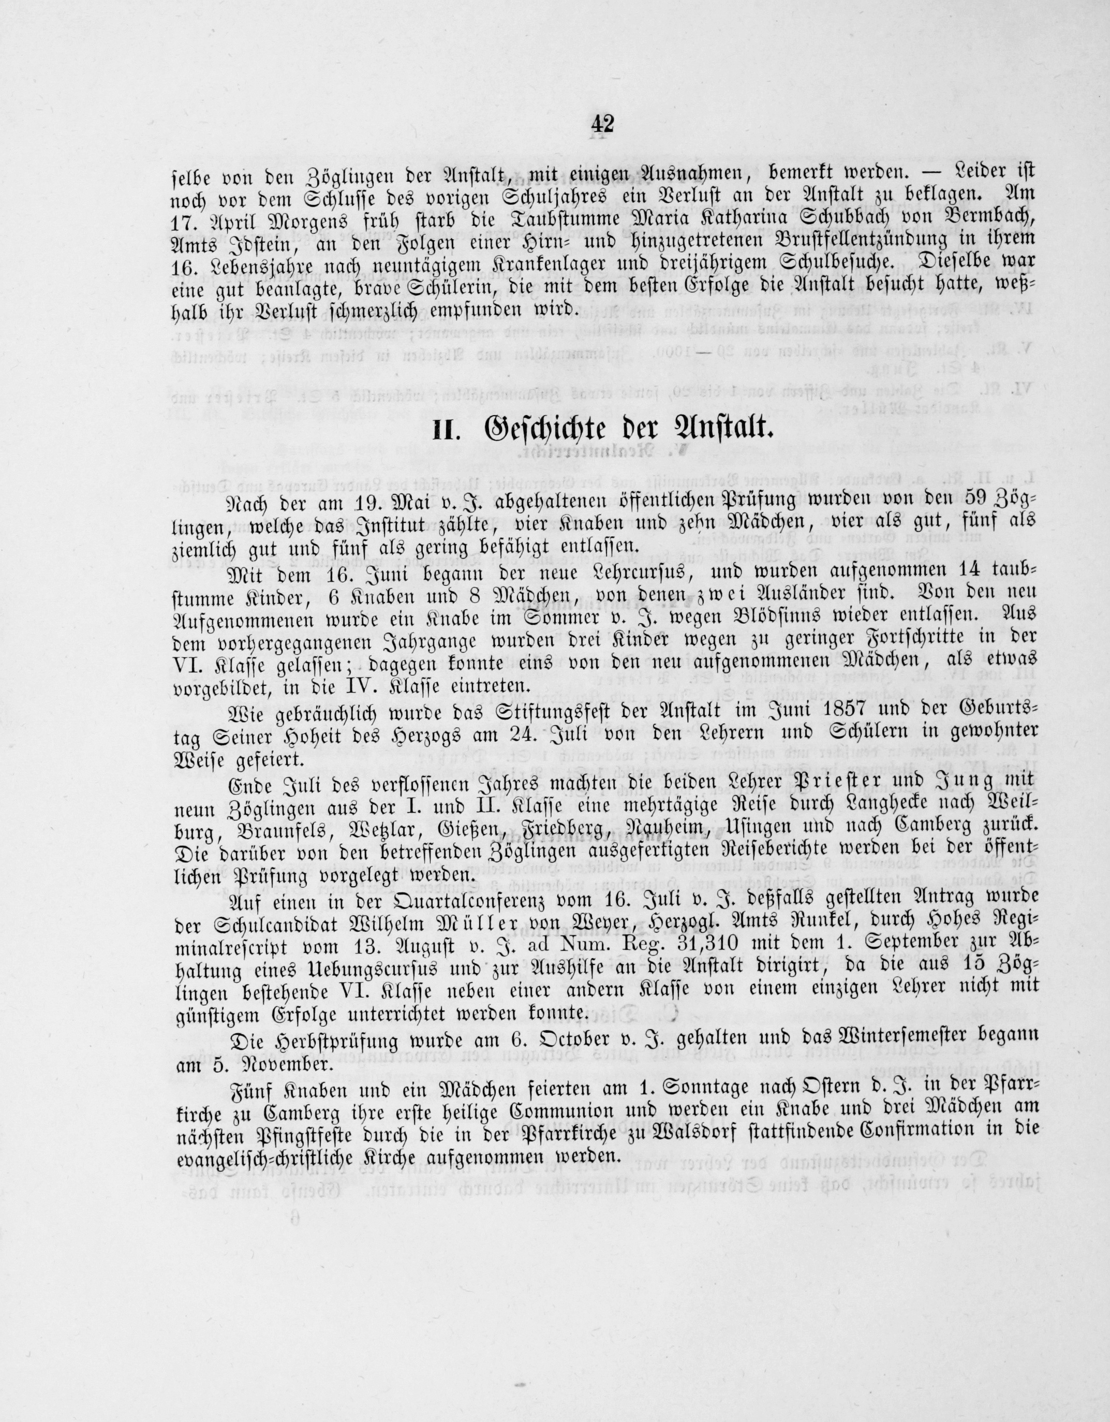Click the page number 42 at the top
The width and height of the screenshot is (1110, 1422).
pos(603,124)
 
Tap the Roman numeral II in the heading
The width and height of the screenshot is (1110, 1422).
pos(448,432)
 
